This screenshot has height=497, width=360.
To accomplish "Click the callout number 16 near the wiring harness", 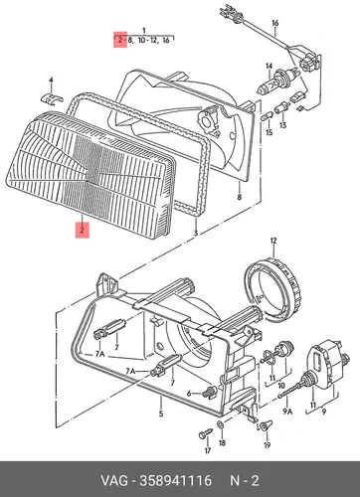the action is pos(274,23).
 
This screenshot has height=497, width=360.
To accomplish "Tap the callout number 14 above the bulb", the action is pos(269,67).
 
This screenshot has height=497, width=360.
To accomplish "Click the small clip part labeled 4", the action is pos(52,98).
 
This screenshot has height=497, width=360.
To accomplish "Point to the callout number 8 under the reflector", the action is pos(240,198).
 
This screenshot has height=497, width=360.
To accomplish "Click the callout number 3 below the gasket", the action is pos(196,234).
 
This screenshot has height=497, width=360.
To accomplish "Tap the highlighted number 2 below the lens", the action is pos(82,229).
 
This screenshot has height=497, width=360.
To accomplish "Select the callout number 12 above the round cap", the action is pos(273,242).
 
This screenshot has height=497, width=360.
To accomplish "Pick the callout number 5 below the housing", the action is pos(161,414).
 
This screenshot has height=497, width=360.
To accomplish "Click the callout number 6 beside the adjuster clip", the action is pos(189,394).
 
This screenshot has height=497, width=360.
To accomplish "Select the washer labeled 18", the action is pos(220,424).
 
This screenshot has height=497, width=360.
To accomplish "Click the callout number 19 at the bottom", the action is pos(268,445).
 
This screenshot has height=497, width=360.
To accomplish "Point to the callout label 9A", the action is pos(287,412).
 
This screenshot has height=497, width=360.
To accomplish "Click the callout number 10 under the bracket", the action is pos(281,386).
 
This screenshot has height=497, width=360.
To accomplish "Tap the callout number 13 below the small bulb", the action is pos(282,125).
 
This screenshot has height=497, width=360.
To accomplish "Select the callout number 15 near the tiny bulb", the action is pos(270,132).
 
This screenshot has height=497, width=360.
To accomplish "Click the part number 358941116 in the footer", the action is pos(175,480).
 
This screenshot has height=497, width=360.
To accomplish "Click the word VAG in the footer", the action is pos(114,480).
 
